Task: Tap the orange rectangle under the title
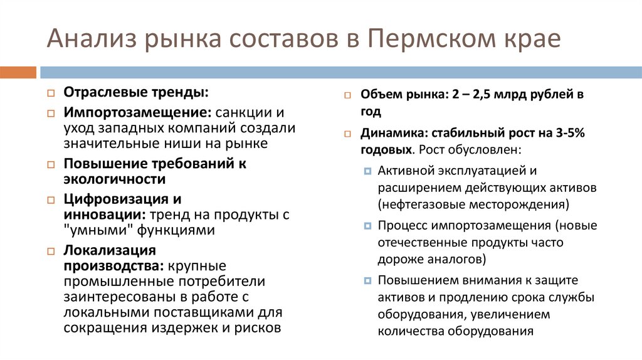pos(18,72)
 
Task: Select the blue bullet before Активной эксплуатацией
pos(367,171)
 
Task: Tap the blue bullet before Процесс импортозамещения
pos(367,226)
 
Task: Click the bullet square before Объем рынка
pos(347,96)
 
